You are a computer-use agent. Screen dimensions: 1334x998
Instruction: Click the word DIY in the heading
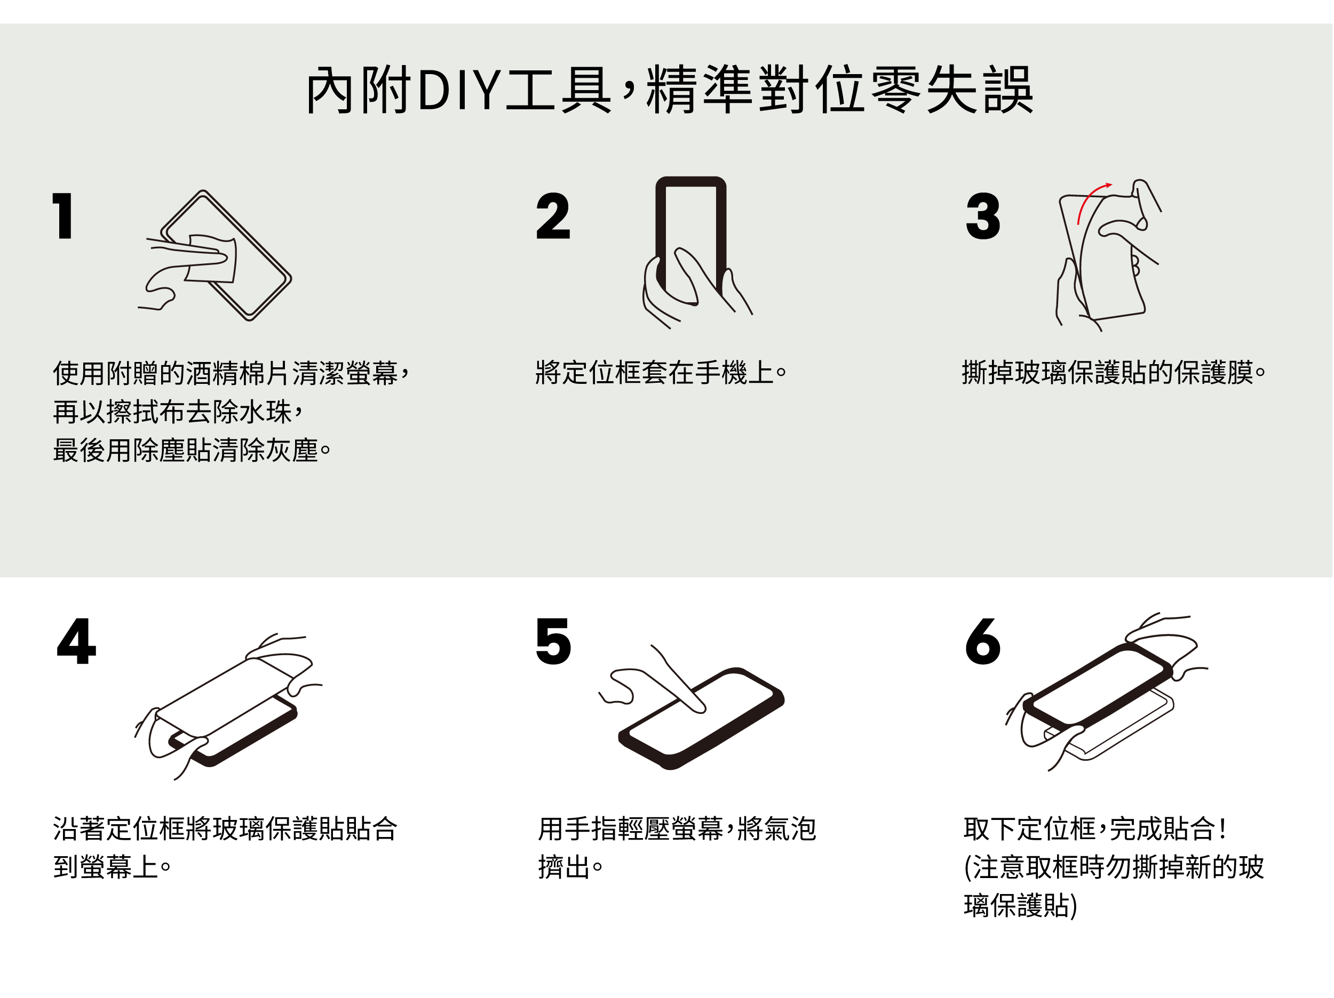[x=459, y=91]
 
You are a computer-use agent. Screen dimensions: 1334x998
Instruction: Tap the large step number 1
[x=63, y=216]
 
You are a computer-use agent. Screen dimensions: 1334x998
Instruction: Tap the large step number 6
[x=982, y=641]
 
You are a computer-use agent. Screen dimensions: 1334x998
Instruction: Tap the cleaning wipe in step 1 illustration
[x=211, y=258]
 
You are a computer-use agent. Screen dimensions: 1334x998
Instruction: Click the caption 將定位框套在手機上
[x=661, y=373]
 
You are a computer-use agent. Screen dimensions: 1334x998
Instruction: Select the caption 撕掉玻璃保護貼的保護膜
[x=1113, y=373]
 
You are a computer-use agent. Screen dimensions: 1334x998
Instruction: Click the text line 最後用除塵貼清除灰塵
[x=192, y=450]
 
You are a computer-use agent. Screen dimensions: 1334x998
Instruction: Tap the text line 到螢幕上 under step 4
[x=112, y=867]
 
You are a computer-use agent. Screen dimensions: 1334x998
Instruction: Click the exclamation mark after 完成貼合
[x=1222, y=828]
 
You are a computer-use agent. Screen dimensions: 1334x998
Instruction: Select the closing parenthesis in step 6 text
[x=1074, y=905]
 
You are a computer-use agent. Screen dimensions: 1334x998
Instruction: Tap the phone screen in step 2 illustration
[x=691, y=235]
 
